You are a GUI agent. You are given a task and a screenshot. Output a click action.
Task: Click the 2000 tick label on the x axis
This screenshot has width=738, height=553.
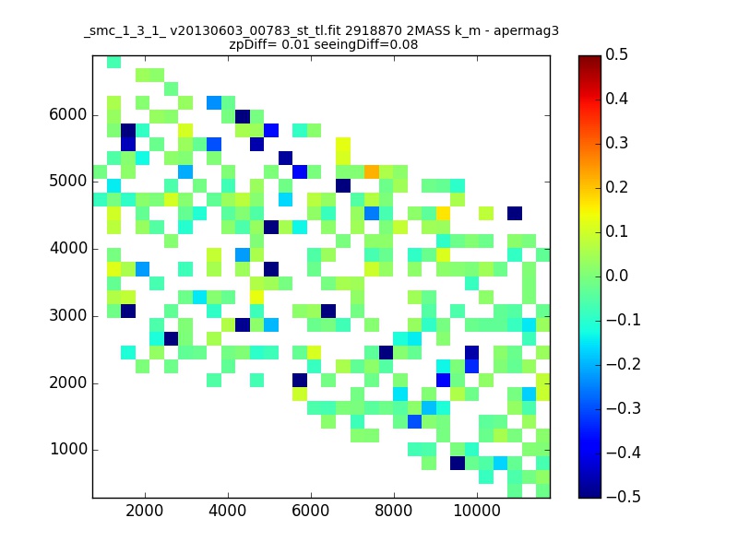point(145,511)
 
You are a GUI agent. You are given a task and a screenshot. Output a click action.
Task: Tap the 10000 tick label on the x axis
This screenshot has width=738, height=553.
point(477,511)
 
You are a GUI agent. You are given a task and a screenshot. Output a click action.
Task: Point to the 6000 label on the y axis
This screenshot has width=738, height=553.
point(67,114)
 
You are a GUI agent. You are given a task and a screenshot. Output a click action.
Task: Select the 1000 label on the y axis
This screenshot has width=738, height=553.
point(68,449)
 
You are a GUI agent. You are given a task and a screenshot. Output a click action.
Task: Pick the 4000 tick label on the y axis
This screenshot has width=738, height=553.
point(68,248)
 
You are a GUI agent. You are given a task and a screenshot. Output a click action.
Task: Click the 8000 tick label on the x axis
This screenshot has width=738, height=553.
point(394,511)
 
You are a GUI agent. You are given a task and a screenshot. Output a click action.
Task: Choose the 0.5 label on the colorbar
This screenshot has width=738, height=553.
point(616,54)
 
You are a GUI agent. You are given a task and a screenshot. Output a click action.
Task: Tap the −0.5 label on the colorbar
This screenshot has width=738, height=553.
point(624,497)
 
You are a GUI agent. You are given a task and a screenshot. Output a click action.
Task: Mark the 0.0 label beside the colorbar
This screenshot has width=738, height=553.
point(616,276)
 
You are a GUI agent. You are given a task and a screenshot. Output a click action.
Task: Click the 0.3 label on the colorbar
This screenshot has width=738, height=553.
point(616,143)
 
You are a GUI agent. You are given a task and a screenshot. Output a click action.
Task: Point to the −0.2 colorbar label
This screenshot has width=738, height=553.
point(624,364)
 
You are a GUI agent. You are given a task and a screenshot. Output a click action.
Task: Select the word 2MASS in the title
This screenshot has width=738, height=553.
point(428,31)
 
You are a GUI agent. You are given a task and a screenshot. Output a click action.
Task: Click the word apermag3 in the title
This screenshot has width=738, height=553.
point(526,32)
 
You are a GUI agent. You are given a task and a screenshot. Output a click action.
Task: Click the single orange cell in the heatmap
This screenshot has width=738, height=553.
point(372,171)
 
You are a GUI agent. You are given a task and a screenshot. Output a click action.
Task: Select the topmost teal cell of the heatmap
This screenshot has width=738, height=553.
point(113,62)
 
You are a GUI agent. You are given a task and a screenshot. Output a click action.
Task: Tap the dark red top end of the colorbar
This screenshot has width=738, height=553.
point(589,59)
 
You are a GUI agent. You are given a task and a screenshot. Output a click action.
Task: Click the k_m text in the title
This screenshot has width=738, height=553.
point(468,32)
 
